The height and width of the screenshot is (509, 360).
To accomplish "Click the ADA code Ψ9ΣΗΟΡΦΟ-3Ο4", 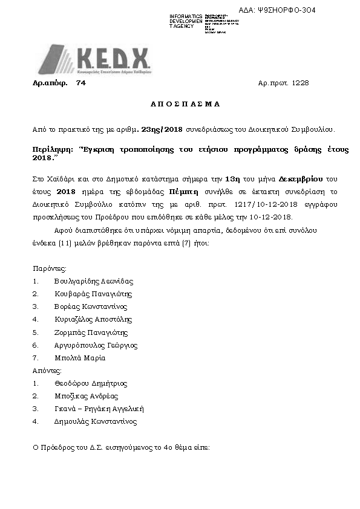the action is [x=286, y=10].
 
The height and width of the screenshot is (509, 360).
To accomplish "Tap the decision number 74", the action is [x=81, y=83].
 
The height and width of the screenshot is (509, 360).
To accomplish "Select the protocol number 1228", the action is [x=300, y=83].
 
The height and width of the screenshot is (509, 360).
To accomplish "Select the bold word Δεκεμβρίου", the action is [x=302, y=180].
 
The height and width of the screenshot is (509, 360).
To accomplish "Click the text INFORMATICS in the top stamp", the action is [x=186, y=16].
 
